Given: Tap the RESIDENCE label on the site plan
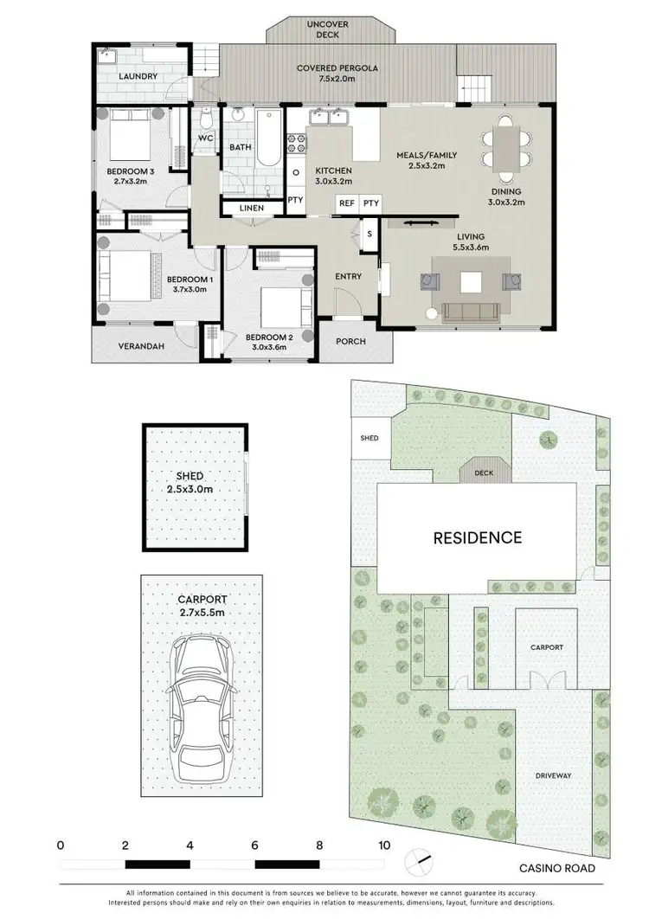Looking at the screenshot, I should point(478,537).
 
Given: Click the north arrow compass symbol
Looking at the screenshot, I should point(418,859).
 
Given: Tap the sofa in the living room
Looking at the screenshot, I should point(469,312).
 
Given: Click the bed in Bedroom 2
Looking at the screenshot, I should point(282,302).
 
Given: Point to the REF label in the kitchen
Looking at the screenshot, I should point(347,202).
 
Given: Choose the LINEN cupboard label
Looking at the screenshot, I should point(252,209).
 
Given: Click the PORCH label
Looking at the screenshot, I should point(350,341).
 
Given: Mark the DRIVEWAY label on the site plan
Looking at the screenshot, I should point(553,775).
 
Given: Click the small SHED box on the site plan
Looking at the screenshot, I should point(369,438).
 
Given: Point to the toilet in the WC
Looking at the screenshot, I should point(206,119).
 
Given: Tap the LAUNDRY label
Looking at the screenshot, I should point(138,76).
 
